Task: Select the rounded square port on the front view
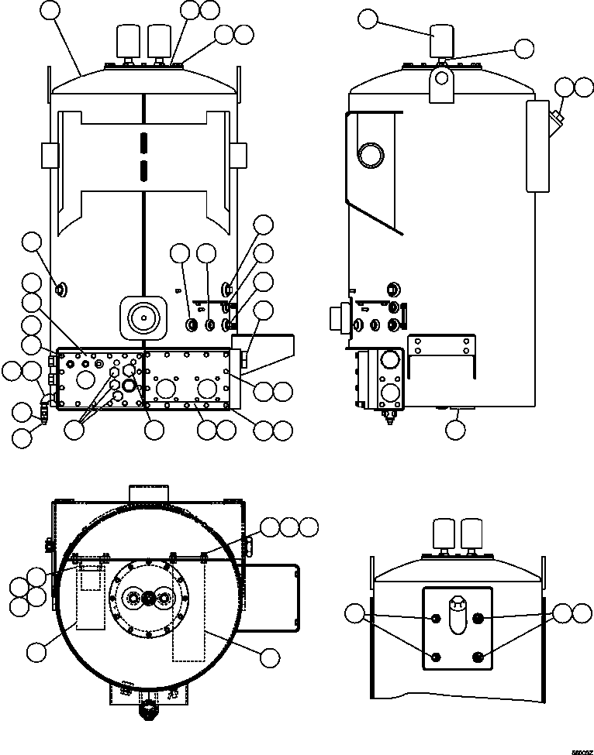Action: [143, 317]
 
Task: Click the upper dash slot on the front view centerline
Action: [143, 143]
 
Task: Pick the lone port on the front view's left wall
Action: [61, 290]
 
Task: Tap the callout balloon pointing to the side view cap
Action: [368, 19]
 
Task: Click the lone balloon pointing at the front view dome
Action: [50, 10]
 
